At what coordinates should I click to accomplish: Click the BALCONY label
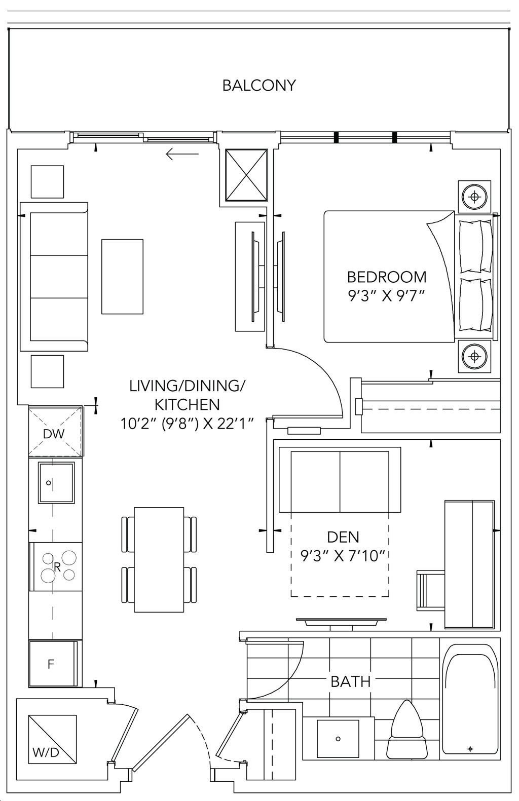pyautogui.click(x=259, y=86)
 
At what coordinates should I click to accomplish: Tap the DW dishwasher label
pyautogui.click(x=54, y=434)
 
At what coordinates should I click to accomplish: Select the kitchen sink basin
pyautogui.click(x=57, y=483)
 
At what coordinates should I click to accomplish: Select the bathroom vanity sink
pyautogui.click(x=338, y=739)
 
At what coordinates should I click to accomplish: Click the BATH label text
pyautogui.click(x=351, y=681)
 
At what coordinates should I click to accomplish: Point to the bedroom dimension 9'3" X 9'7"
pyautogui.click(x=386, y=296)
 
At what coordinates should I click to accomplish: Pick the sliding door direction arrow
pyautogui.click(x=182, y=155)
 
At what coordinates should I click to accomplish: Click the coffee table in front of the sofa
pyautogui.click(x=122, y=277)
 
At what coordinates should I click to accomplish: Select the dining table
pyautogui.click(x=159, y=560)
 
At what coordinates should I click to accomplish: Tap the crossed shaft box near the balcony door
pyautogui.click(x=246, y=176)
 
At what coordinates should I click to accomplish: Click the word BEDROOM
pyautogui.click(x=387, y=277)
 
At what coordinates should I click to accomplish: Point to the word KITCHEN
pyautogui.click(x=187, y=404)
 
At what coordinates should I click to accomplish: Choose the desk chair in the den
pyautogui.click(x=431, y=589)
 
